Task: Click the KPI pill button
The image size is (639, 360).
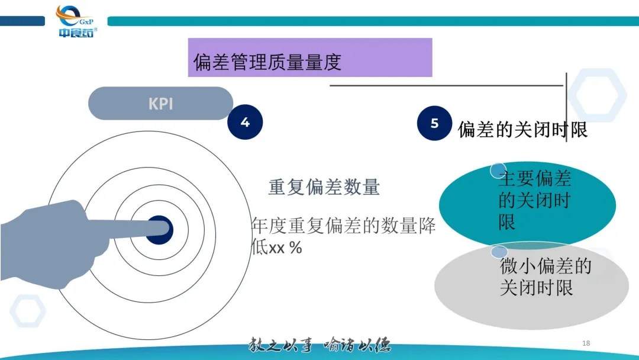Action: (160, 104)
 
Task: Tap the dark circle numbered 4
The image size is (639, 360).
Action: (245, 123)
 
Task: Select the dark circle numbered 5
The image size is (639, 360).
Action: (435, 123)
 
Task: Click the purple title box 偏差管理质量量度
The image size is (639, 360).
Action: (309, 58)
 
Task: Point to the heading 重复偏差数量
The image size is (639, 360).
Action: (324, 187)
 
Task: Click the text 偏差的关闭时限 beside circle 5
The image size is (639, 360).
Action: (522, 130)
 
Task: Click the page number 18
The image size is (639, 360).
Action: (586, 343)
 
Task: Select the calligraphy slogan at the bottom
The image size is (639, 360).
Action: (319, 345)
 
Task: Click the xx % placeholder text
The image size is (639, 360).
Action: (286, 248)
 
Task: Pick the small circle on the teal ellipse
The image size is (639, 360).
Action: (498, 171)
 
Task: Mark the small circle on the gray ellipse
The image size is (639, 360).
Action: (499, 252)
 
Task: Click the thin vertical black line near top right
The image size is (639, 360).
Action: (567, 107)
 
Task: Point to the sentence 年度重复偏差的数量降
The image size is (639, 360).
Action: (344, 226)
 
